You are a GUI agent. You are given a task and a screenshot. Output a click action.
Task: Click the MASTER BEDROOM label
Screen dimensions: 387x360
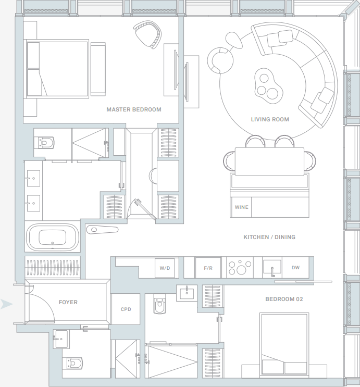[134, 109]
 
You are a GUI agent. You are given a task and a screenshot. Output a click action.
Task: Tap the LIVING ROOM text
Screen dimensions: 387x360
[270, 119]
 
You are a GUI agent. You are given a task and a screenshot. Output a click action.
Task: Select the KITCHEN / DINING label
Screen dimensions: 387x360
[269, 237]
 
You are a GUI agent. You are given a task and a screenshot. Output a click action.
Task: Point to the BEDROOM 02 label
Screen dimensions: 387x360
[284, 299]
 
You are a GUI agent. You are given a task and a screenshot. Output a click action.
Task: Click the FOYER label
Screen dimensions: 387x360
[68, 302]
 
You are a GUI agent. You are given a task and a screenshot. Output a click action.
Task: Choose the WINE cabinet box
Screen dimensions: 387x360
[241, 207]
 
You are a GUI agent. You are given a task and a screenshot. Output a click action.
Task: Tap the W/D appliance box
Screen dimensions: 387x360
[164, 268]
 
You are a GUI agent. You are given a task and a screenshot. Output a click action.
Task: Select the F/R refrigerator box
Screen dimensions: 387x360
[208, 268]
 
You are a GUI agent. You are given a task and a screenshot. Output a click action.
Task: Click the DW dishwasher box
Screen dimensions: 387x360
[295, 268]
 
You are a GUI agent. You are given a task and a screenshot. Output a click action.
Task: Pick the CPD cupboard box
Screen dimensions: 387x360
[126, 309]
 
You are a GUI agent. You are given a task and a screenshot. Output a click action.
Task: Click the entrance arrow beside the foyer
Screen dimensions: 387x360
[6, 304]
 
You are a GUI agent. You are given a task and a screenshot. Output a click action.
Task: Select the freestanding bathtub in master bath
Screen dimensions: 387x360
[52, 237]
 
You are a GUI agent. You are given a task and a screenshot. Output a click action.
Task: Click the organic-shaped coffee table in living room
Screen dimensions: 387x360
[267, 84]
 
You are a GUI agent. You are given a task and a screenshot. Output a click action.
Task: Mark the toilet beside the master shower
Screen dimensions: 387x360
[46, 142]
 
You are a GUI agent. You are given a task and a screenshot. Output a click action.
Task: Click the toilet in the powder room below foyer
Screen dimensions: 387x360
[74, 363]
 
